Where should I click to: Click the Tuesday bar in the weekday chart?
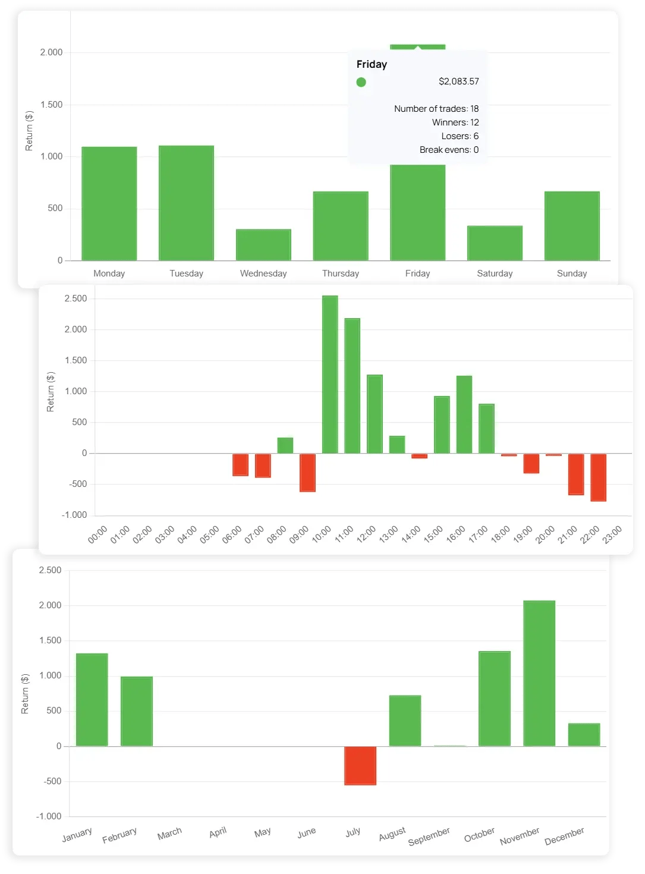coord(186,203)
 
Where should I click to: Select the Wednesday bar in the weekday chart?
coord(263,244)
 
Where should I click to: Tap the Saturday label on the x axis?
coord(495,273)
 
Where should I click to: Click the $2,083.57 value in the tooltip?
coord(458,81)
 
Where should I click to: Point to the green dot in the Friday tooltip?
coord(361,82)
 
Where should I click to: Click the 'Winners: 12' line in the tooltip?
coord(455,122)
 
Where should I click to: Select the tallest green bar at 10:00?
coord(330,375)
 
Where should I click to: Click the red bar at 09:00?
coord(307,473)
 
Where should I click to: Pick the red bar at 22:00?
coord(598,477)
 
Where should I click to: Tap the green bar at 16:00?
coord(464,414)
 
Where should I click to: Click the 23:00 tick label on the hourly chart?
coord(612,534)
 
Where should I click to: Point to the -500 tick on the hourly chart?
coord(78,484)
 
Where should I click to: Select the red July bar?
coord(360,765)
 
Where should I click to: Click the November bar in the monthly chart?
coord(539,673)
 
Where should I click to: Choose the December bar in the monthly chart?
coord(584,734)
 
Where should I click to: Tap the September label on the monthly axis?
coord(429,837)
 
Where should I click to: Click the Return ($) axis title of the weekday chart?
coord(29,130)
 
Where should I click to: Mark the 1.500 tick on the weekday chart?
coord(51,105)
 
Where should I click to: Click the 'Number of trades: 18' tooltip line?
coord(436,109)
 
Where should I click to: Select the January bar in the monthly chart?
coord(92,700)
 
